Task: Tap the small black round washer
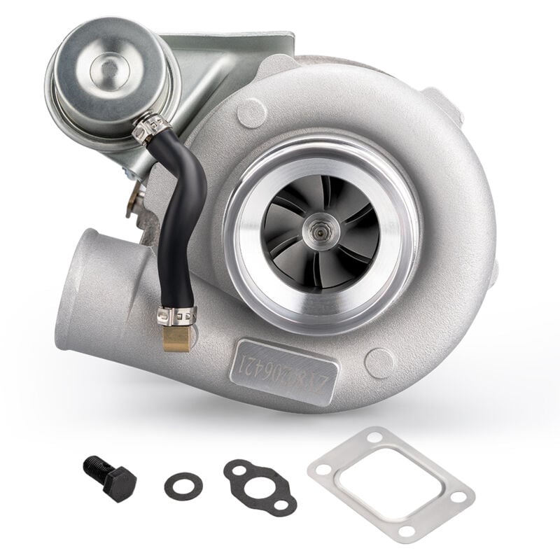(x=184, y=482)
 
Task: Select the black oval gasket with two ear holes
(x=260, y=487)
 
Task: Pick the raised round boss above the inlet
(x=251, y=111)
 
